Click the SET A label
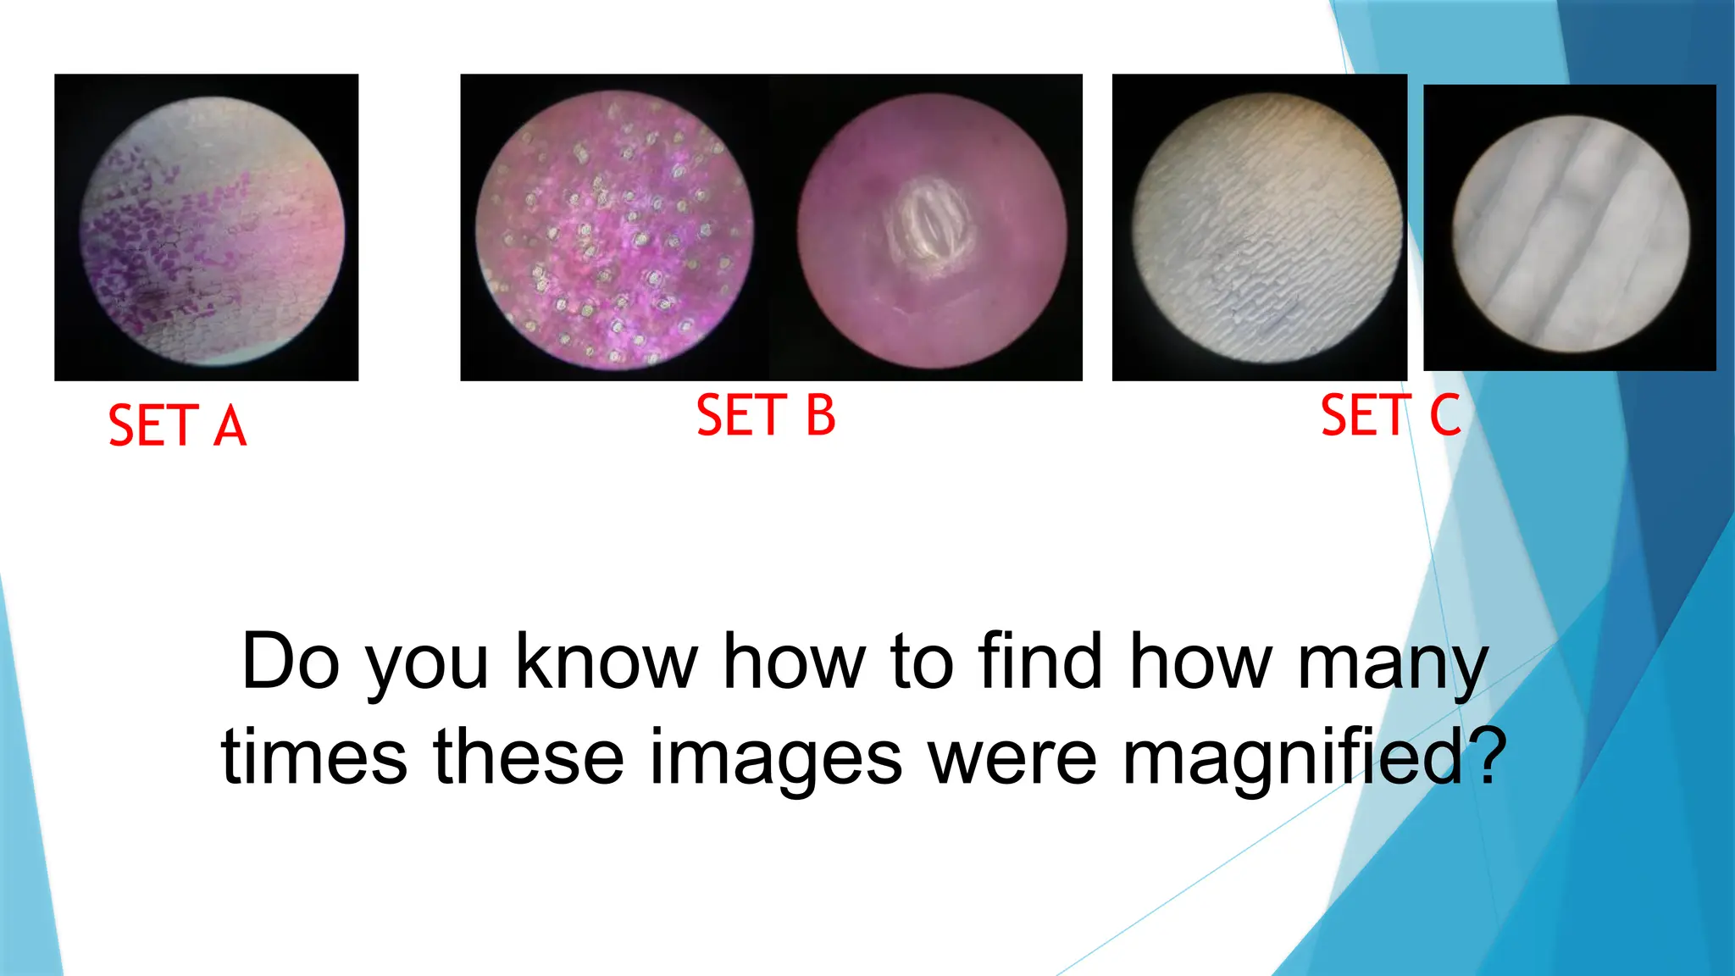click(x=177, y=425)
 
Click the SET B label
click(x=766, y=415)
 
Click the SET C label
click(x=1390, y=415)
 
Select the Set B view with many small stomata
click(x=614, y=229)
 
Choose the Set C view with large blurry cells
click(x=1571, y=233)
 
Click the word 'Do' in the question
click(x=291, y=662)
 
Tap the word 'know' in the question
click(x=607, y=662)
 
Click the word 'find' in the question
click(x=1040, y=662)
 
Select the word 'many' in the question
click(x=1393, y=665)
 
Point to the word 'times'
click(x=313, y=757)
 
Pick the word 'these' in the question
click(x=529, y=757)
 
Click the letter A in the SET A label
click(x=230, y=425)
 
